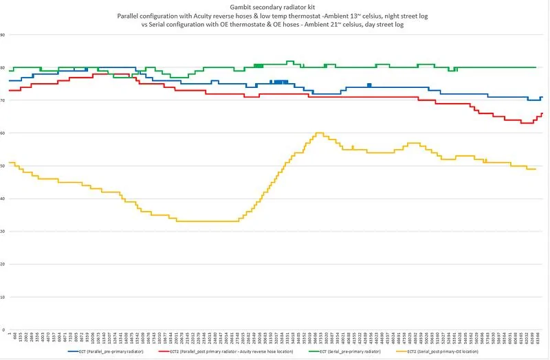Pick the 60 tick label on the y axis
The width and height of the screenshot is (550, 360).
3,133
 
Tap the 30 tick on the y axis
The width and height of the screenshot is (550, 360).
3,232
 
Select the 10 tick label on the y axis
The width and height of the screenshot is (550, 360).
3,297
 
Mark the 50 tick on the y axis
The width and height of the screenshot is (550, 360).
3,166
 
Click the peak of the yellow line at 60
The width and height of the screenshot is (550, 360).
319,133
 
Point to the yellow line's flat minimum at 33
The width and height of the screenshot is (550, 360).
206,221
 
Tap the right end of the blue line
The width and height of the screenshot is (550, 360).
542,98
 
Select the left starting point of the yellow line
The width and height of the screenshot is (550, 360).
10,162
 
